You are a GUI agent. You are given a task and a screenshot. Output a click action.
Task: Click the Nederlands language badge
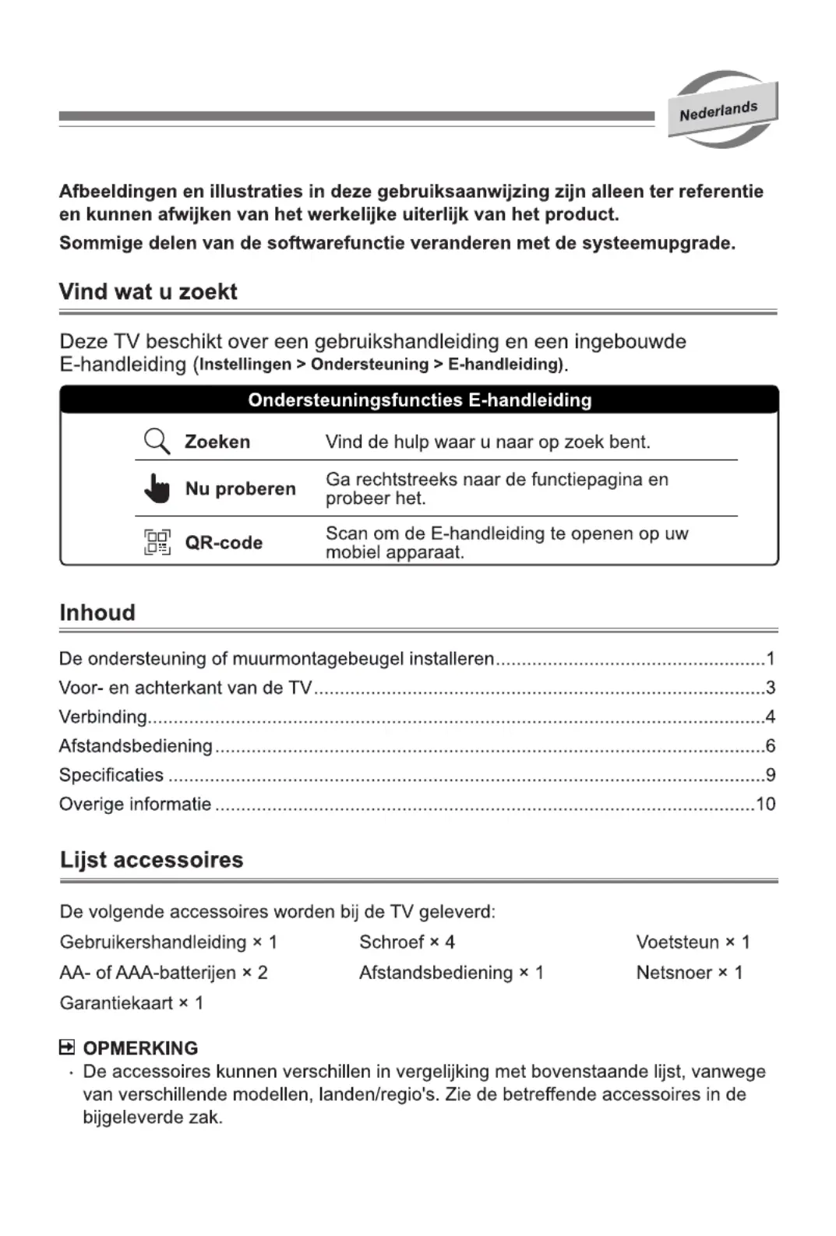pyautogui.click(x=721, y=111)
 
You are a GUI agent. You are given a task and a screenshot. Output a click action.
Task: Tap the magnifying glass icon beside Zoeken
pyautogui.click(x=157, y=442)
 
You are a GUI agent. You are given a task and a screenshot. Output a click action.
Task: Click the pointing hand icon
pyautogui.click(x=157, y=488)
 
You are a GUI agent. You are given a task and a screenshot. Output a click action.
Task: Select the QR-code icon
pyautogui.click(x=157, y=542)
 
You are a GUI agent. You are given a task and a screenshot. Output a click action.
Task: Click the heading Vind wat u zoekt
pyautogui.click(x=148, y=292)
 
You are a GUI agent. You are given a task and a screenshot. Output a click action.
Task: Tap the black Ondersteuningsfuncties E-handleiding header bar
pyautogui.click(x=419, y=400)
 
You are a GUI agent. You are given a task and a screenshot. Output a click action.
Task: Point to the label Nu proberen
pyautogui.click(x=240, y=489)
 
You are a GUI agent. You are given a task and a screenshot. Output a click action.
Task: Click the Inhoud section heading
pyautogui.click(x=97, y=613)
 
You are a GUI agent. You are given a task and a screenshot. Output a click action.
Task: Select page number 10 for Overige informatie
pyautogui.click(x=765, y=805)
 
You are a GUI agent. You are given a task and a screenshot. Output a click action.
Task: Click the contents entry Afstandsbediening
pyautogui.click(x=136, y=746)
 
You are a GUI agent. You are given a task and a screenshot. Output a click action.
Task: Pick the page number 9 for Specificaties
pyautogui.click(x=770, y=775)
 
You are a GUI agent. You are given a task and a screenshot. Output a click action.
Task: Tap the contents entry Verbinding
pyautogui.click(x=103, y=717)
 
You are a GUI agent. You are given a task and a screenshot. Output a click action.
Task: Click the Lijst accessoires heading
pyautogui.click(x=152, y=861)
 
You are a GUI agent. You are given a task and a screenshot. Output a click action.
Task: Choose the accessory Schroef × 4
pyautogui.click(x=407, y=942)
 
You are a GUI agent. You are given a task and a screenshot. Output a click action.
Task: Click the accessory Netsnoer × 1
pyautogui.click(x=689, y=973)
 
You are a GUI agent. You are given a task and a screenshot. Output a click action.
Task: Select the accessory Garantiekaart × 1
pyautogui.click(x=131, y=1003)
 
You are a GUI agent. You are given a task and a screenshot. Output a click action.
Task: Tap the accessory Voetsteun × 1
pyautogui.click(x=692, y=942)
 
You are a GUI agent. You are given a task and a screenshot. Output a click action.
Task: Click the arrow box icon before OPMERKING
pyautogui.click(x=67, y=1048)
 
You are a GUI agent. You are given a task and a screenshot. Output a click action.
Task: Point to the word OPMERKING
pyautogui.click(x=140, y=1048)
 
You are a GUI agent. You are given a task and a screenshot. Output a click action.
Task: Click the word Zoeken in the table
pyautogui.click(x=217, y=442)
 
